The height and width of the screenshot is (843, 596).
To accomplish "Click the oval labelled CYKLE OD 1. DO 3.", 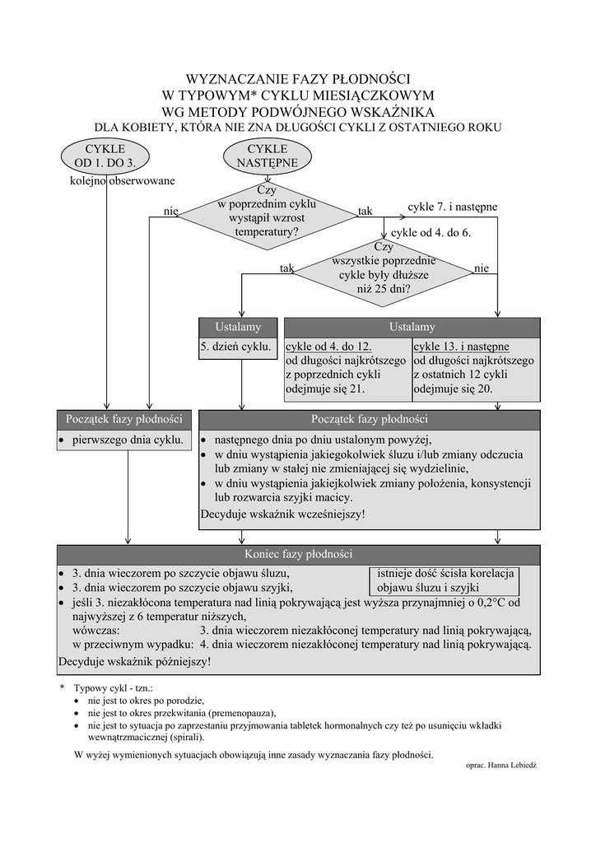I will click(x=105, y=156).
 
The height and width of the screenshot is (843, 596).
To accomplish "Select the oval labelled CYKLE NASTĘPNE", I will click(x=268, y=156).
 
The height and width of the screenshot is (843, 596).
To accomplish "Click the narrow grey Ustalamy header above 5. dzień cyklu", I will click(x=237, y=327).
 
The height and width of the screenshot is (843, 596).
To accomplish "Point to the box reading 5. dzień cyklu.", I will click(x=237, y=348).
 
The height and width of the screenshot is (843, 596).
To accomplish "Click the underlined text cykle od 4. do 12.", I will click(x=328, y=347).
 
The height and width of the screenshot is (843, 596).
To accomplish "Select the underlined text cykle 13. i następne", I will click(x=461, y=347).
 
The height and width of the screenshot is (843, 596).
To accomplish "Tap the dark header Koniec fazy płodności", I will click(x=298, y=554).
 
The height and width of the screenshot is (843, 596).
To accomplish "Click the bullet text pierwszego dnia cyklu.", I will click(x=128, y=440).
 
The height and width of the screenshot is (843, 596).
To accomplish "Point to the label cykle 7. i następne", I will click(x=453, y=206).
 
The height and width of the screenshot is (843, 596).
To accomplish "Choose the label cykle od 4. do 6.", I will click(x=436, y=233).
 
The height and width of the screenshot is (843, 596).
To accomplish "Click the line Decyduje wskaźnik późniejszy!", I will click(x=135, y=660).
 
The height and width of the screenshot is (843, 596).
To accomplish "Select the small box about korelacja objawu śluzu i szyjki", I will click(x=445, y=580).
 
